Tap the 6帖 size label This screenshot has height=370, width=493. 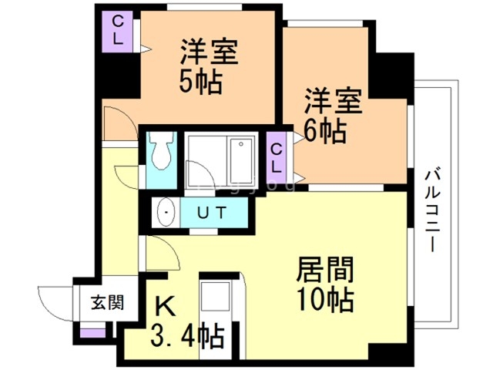[324, 131]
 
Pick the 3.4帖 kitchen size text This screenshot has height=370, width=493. [187, 336]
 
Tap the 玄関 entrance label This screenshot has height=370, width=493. [100, 301]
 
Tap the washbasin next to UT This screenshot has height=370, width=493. [164, 212]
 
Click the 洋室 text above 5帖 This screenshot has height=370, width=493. [209, 52]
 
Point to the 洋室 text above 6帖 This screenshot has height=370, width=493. [331, 103]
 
